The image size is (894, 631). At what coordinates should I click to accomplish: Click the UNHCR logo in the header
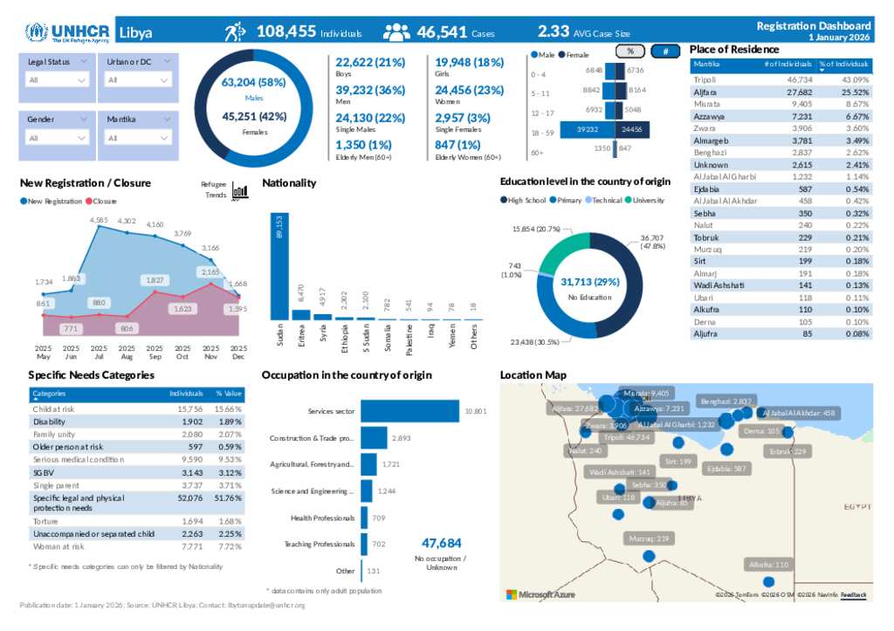tap(67, 32)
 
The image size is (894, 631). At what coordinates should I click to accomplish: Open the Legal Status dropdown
tap(58, 79)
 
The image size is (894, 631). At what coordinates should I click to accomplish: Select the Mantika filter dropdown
tap(138, 138)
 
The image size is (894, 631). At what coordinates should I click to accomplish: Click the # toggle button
tap(665, 51)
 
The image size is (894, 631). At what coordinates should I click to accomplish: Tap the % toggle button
tap(630, 51)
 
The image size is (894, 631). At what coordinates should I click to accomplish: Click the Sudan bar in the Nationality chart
tap(279, 265)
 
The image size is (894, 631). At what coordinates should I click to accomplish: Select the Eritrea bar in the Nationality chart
tap(300, 315)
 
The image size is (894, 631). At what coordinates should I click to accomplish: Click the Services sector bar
tap(409, 410)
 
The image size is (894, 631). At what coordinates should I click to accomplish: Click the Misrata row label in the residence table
tap(706, 104)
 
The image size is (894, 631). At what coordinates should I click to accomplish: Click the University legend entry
tap(646, 201)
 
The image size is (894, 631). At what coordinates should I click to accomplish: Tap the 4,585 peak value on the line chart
tap(99, 220)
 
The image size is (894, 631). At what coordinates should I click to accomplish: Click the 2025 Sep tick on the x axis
tap(155, 352)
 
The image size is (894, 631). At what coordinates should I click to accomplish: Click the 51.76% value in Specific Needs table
tap(228, 498)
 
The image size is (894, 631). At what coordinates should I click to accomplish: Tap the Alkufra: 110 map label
tap(768, 565)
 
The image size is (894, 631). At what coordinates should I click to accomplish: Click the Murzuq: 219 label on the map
tap(648, 538)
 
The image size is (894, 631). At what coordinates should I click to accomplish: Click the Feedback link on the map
tap(853, 595)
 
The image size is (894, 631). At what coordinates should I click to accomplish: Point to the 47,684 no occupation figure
tap(441, 542)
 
